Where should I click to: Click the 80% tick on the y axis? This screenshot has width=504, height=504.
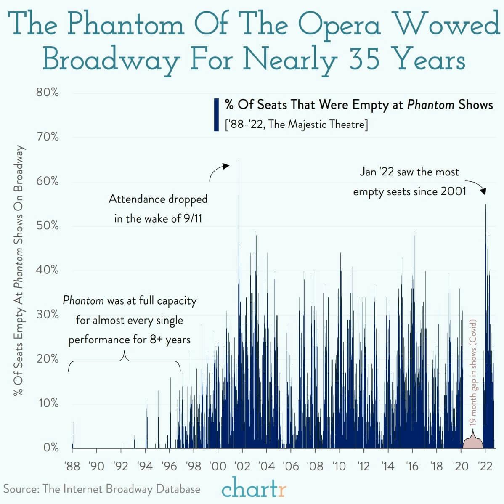pyautogui.click(x=47, y=93)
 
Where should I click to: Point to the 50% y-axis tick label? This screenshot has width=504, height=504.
pyautogui.click(x=47, y=225)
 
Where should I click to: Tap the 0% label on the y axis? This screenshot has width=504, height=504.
pyautogui.click(x=50, y=447)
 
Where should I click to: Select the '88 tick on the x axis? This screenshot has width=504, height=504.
pyautogui.click(x=72, y=466)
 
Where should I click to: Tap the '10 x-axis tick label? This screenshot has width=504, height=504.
pyautogui.click(x=339, y=466)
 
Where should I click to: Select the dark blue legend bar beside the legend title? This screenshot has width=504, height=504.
pyautogui.click(x=216, y=114)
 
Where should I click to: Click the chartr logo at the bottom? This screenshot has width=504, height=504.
pyautogui.click(x=254, y=489)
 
